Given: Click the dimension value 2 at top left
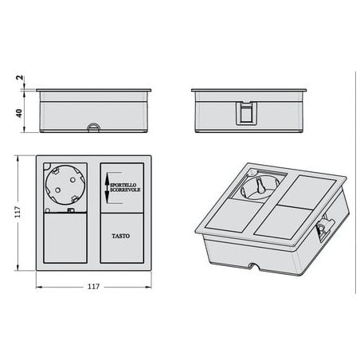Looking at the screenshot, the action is (20, 78).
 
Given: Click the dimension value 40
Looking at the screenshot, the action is (19, 113).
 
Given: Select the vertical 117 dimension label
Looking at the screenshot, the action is (18, 212).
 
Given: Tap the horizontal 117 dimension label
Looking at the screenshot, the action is (94, 287).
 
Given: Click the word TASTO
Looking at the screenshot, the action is (121, 236).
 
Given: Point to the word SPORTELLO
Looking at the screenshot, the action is (123, 185).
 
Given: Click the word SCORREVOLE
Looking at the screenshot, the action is (125, 190).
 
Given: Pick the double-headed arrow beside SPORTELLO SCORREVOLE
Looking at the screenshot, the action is (107, 188).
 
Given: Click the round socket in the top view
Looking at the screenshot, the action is (65, 185).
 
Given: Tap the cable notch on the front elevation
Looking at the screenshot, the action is (93, 127).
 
